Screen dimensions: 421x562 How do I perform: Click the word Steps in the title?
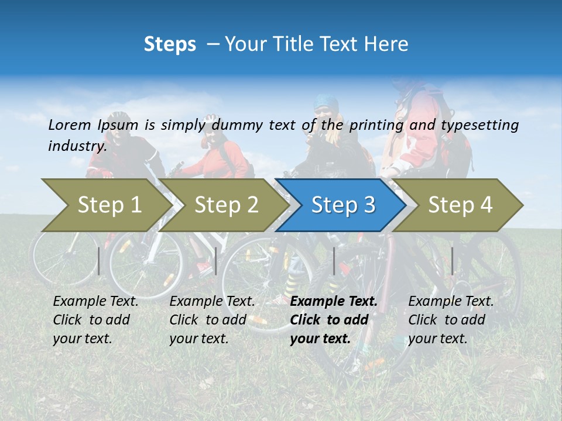coord(170,44)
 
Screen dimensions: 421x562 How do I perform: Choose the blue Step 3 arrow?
coord(343,205)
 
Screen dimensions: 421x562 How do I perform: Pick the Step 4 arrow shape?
coord(460,205)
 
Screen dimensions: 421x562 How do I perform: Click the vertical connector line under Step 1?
coord(99,261)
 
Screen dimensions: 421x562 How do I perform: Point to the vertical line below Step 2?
coord(216,261)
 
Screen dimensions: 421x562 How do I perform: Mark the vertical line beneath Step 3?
coord(334,261)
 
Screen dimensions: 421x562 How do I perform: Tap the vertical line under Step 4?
coord(452,261)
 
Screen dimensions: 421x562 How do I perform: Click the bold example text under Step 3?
coord(334,320)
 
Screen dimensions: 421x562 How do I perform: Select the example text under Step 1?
coord(95,320)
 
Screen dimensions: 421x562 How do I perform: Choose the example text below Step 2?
coord(212,320)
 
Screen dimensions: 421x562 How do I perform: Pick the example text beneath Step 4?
coord(451,320)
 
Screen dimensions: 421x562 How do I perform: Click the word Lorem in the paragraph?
coord(69,125)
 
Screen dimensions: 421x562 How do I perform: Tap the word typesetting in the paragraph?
coord(479,125)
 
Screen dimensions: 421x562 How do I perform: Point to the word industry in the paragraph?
coord(77,146)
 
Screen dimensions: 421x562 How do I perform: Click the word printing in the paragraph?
coord(376,125)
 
